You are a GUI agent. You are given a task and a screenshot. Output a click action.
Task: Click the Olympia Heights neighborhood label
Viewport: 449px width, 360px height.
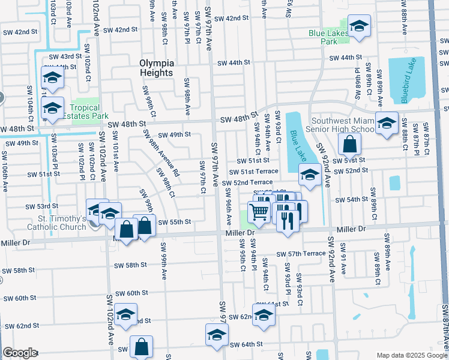[156, 67]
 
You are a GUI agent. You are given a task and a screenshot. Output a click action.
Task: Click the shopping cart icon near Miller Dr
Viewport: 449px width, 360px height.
[259, 211]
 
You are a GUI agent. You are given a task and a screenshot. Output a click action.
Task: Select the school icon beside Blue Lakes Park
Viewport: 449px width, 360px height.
[359, 26]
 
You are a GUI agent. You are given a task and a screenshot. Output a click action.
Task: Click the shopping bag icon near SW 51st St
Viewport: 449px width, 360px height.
[349, 144]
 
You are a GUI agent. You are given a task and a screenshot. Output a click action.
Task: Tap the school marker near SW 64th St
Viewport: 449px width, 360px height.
[217, 335]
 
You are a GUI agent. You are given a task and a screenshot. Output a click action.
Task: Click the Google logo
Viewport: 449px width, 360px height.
[19, 353]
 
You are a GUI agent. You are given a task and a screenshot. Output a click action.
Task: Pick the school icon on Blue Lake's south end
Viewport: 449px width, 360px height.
[309, 176]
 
